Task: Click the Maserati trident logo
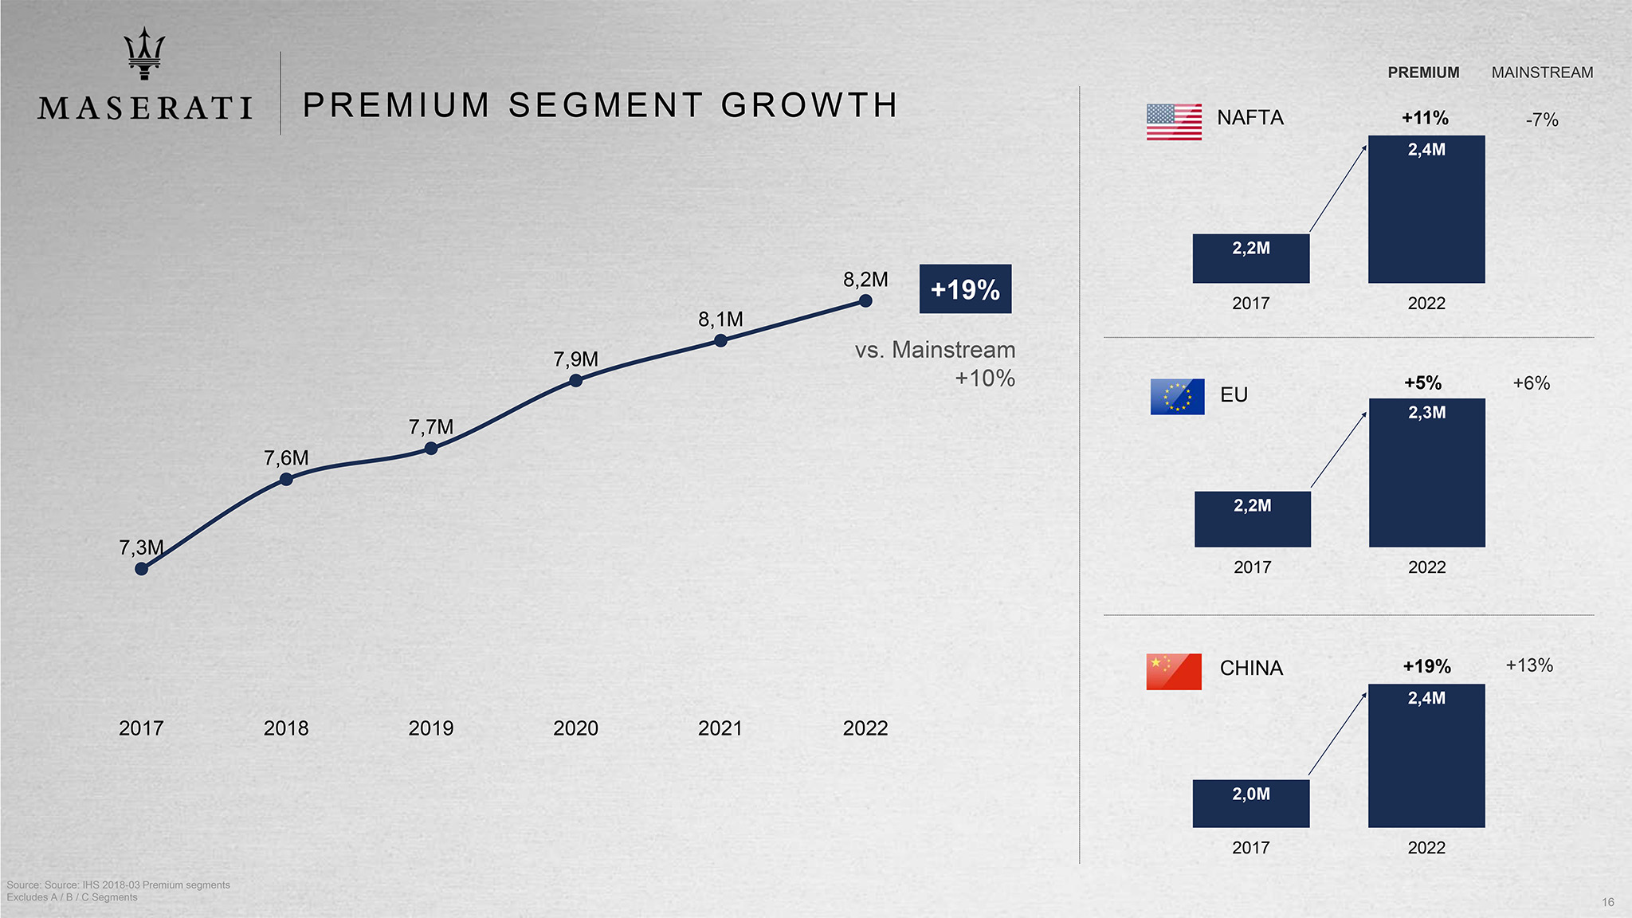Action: pyautogui.click(x=144, y=53)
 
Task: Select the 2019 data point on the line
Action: pyautogui.click(x=431, y=449)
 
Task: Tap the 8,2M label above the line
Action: pyautogui.click(x=865, y=280)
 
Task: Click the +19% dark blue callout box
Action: pyautogui.click(x=965, y=288)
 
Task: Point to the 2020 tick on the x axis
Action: pyautogui.click(x=575, y=728)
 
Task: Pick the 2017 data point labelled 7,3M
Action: pyautogui.click(x=141, y=568)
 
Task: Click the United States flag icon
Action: pyautogui.click(x=1174, y=122)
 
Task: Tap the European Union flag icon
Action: pyautogui.click(x=1177, y=396)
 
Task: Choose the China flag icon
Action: pyautogui.click(x=1174, y=671)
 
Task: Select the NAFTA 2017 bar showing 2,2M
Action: pyautogui.click(x=1251, y=258)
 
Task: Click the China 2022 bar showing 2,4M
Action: pyautogui.click(x=1426, y=755)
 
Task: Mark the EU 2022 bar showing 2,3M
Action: pyautogui.click(x=1426, y=473)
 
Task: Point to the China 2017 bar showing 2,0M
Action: pyautogui.click(x=1251, y=803)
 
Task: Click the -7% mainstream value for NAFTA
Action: pyautogui.click(x=1542, y=120)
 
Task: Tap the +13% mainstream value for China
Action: pyautogui.click(x=1529, y=665)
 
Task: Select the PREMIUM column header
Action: pyautogui.click(x=1423, y=73)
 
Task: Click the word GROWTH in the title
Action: pyautogui.click(x=810, y=105)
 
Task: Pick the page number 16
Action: pyautogui.click(x=1608, y=902)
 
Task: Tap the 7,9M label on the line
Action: pyautogui.click(x=575, y=359)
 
